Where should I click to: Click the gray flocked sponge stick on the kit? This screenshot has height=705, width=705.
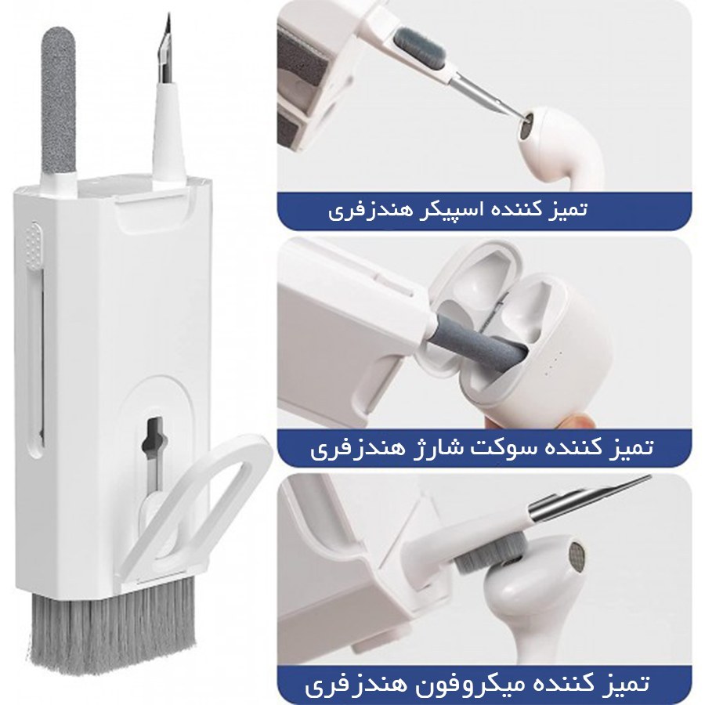coord(59,101)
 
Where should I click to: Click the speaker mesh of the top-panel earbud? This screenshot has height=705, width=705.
coord(526,126)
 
